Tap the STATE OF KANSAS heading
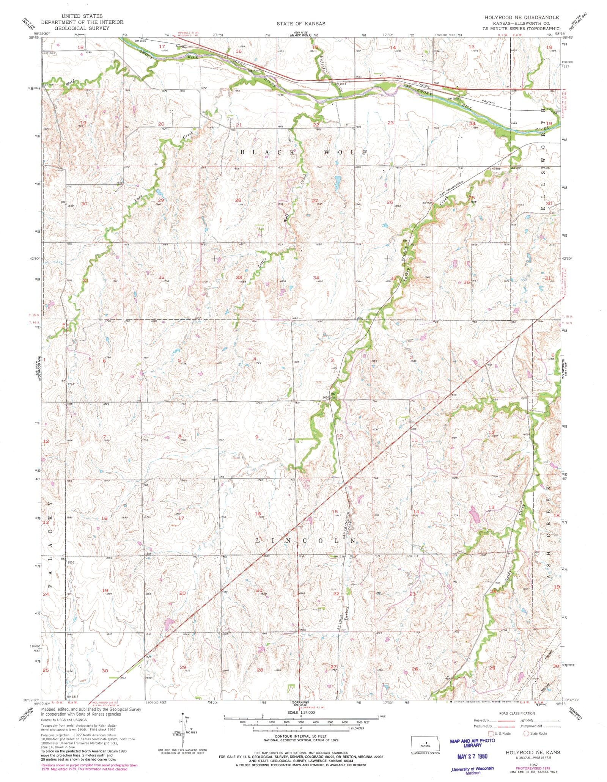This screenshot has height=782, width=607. tap(301, 24)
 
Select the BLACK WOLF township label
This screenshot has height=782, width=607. tap(303, 152)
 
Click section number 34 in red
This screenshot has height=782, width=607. tap(316, 278)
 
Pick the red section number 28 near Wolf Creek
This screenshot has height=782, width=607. tap(238, 200)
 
